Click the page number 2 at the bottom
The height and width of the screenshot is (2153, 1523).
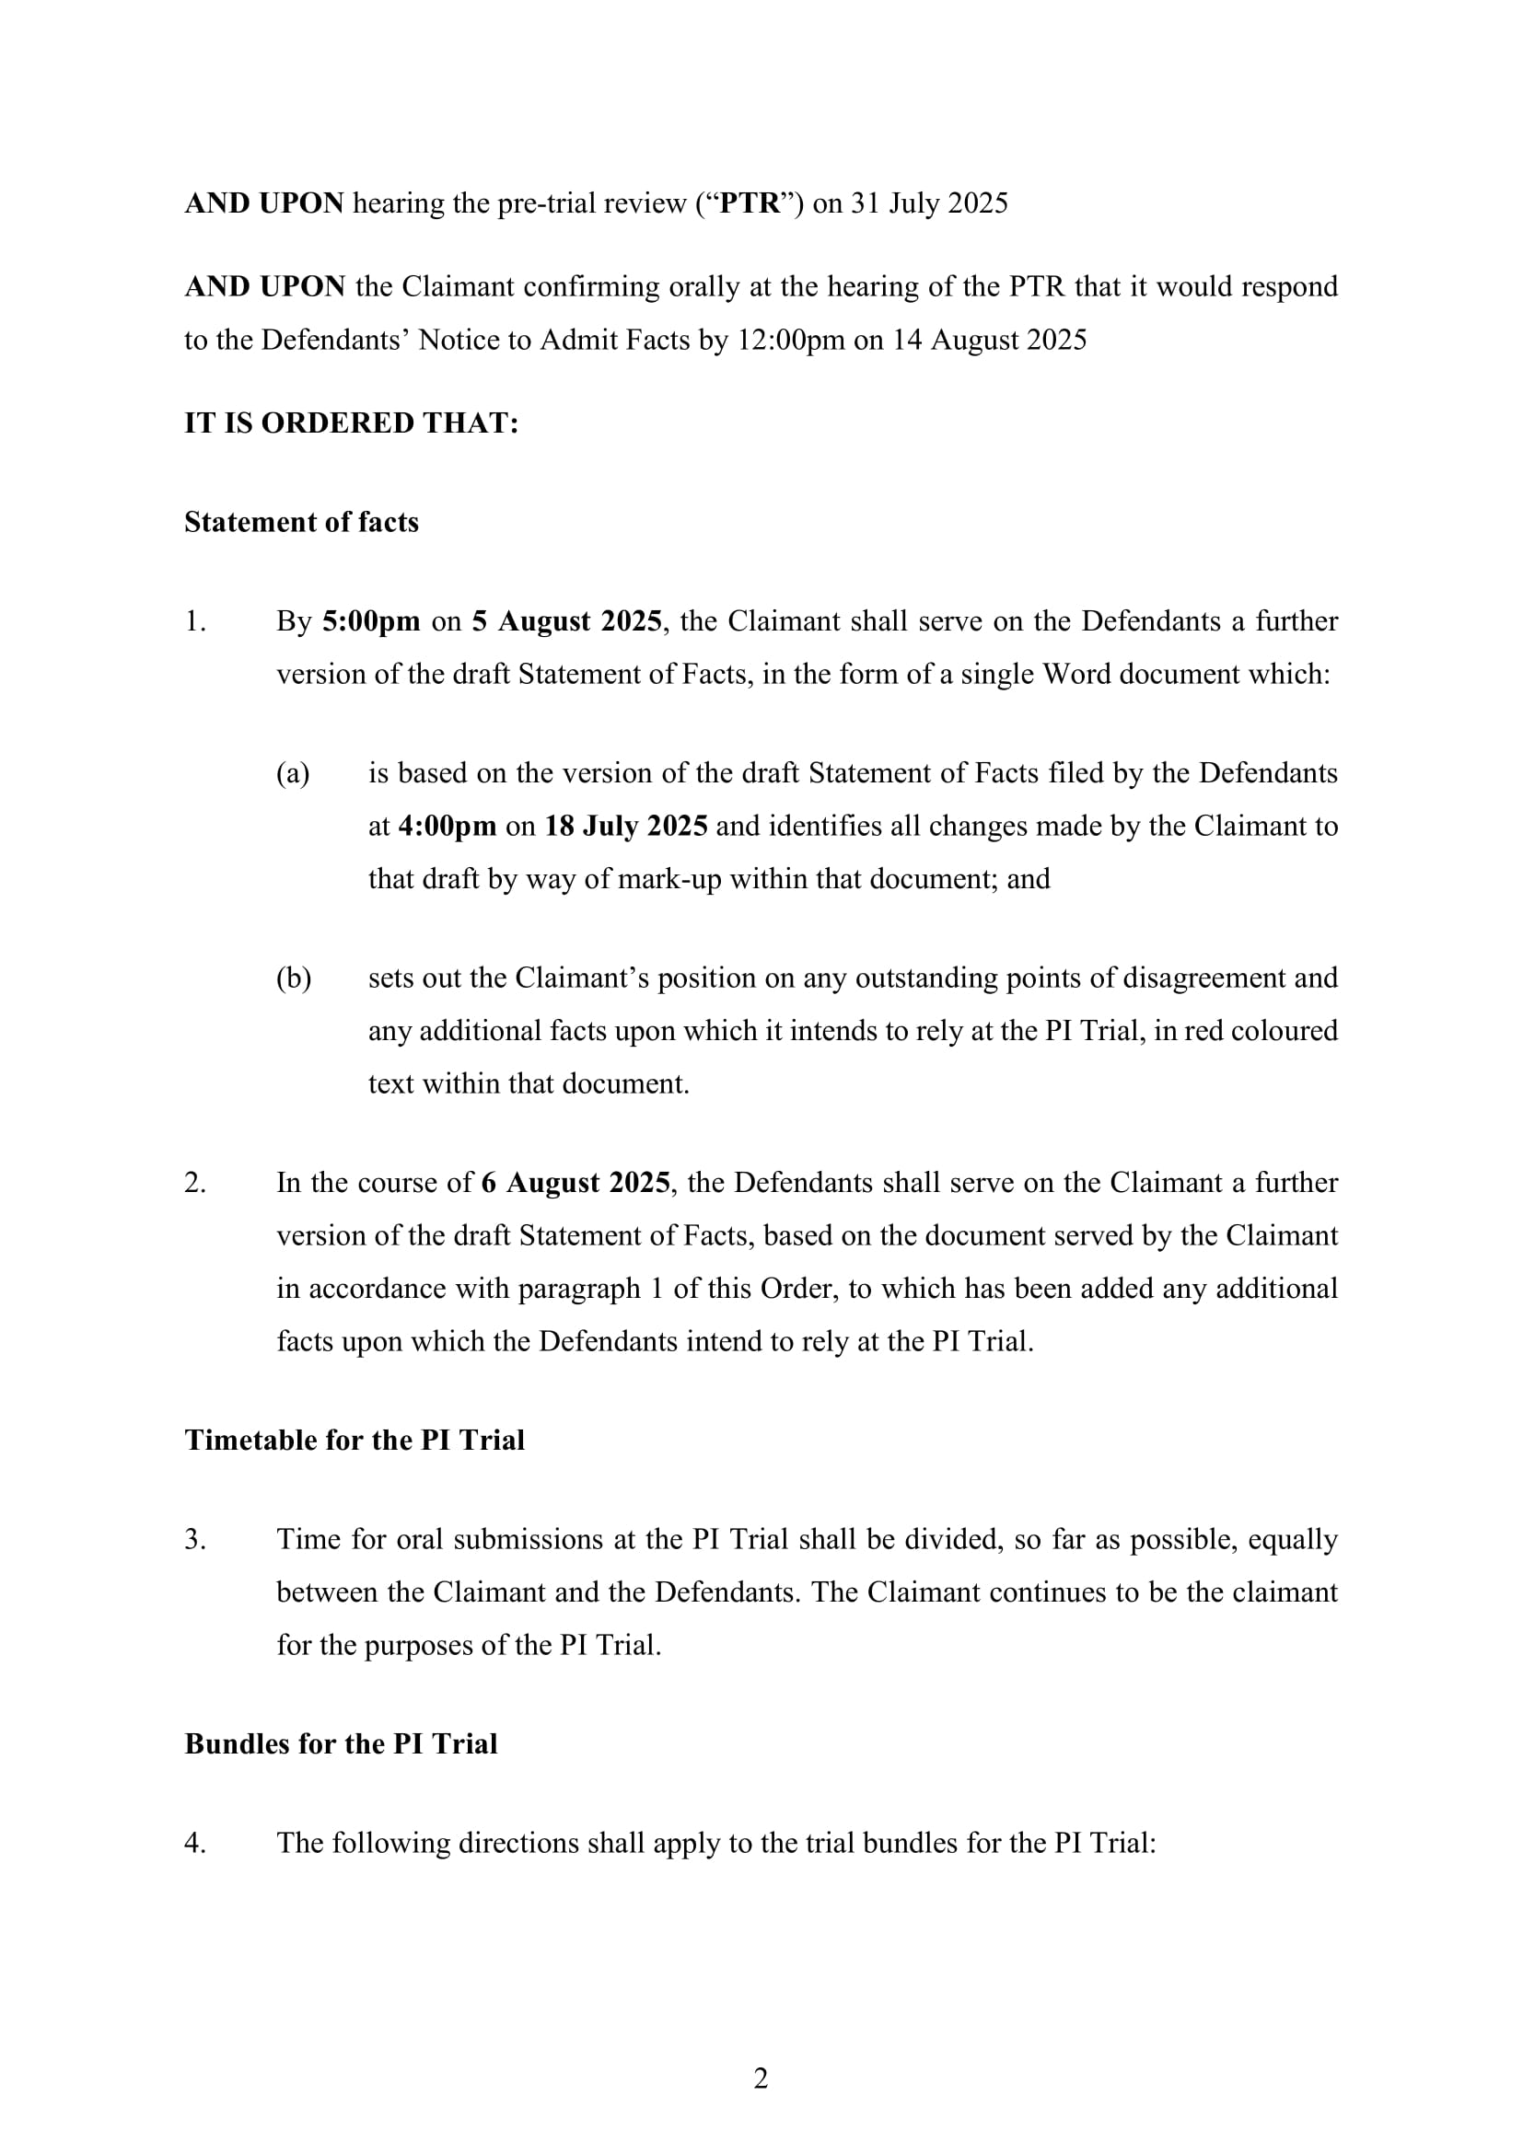(x=761, y=2079)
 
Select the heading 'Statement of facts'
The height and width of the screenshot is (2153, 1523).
(x=301, y=521)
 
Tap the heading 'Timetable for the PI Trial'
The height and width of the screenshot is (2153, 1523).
(x=355, y=1440)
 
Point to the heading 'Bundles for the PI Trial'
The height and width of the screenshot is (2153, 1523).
(x=341, y=1743)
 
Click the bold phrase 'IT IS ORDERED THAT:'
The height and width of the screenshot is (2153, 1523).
(x=352, y=422)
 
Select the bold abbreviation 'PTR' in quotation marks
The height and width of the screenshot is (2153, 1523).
(x=750, y=203)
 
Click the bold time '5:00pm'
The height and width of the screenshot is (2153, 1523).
(x=371, y=620)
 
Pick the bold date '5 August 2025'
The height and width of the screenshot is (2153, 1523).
(x=566, y=620)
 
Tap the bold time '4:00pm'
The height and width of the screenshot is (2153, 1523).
(x=448, y=826)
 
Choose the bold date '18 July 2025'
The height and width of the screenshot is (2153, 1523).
(x=625, y=826)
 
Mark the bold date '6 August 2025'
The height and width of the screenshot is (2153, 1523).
(x=575, y=1183)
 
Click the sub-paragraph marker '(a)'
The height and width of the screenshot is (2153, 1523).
(x=293, y=773)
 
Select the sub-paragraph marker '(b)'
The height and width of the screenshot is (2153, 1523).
(x=293, y=978)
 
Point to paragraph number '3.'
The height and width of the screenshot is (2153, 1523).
(x=195, y=1539)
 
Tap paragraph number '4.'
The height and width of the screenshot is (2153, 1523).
(x=195, y=1843)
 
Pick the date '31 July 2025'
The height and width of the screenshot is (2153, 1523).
(x=928, y=203)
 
